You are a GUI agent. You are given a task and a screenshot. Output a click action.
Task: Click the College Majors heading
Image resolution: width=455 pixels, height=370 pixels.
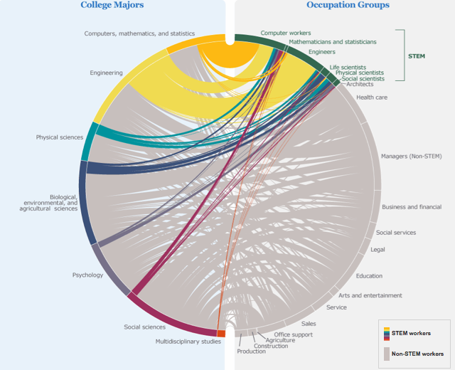click(112, 6)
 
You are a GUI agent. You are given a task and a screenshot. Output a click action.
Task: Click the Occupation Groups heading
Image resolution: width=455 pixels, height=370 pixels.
click(348, 6)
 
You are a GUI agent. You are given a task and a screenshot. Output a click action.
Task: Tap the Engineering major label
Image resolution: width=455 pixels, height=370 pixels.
click(106, 73)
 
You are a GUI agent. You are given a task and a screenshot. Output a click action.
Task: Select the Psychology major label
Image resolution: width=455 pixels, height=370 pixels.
click(88, 275)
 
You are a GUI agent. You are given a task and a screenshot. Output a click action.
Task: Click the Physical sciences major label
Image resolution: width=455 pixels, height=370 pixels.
click(60, 137)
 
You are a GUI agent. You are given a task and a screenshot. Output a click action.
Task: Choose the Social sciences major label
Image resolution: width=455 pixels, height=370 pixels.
click(144, 327)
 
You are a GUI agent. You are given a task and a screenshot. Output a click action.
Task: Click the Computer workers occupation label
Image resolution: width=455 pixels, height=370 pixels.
click(285, 33)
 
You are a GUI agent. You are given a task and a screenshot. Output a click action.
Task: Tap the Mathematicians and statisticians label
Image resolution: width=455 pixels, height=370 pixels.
click(332, 42)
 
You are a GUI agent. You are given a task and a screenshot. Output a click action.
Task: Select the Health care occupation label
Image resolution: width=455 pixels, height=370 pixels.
click(372, 97)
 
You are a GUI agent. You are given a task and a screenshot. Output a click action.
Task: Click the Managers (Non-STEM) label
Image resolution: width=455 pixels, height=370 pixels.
click(412, 156)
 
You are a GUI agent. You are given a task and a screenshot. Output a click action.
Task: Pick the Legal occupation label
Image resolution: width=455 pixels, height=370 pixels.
click(378, 250)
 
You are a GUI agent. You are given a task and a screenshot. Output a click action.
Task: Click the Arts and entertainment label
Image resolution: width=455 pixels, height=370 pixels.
click(370, 295)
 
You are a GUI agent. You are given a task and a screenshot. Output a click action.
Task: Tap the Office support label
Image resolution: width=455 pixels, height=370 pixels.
click(293, 334)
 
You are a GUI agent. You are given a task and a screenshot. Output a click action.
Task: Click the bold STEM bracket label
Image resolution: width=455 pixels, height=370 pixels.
click(417, 56)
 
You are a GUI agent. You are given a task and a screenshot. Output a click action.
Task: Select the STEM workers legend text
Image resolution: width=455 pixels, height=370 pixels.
click(411, 333)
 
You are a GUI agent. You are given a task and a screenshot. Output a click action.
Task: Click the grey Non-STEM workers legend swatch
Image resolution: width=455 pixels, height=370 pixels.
click(386, 354)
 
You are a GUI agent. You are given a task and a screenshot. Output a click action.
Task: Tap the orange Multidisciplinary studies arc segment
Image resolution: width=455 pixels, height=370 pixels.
click(221, 333)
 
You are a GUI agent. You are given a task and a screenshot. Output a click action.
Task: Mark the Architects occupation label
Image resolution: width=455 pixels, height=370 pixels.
click(360, 84)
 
